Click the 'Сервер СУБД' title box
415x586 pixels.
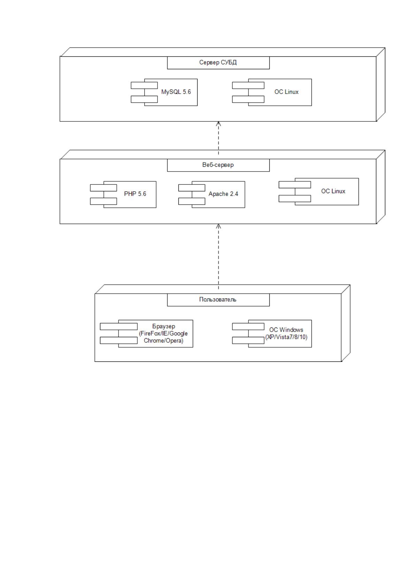(x=218, y=63)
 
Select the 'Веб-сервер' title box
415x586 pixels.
(x=218, y=165)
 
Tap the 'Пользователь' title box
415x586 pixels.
(x=218, y=300)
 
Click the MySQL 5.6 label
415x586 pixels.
(x=176, y=92)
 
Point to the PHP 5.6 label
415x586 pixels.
(x=135, y=194)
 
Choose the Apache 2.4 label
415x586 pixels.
(x=223, y=194)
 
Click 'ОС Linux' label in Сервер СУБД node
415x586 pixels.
(x=286, y=92)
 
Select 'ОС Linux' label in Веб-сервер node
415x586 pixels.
(x=333, y=191)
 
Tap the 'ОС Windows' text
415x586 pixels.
(x=286, y=330)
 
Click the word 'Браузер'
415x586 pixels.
(x=163, y=326)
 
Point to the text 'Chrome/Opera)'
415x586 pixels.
(x=163, y=341)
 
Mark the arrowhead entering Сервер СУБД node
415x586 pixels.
(x=218, y=124)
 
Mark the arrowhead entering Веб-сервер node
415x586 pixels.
(x=218, y=226)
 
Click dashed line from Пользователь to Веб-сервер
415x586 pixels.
(x=218, y=256)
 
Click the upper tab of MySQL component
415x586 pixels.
(x=144, y=85)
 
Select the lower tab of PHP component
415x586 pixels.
(x=103, y=201)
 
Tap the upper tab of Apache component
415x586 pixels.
(x=192, y=188)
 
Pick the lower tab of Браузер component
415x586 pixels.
(x=119, y=340)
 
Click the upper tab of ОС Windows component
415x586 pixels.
(x=248, y=326)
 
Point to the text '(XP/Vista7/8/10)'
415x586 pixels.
(x=286, y=337)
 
